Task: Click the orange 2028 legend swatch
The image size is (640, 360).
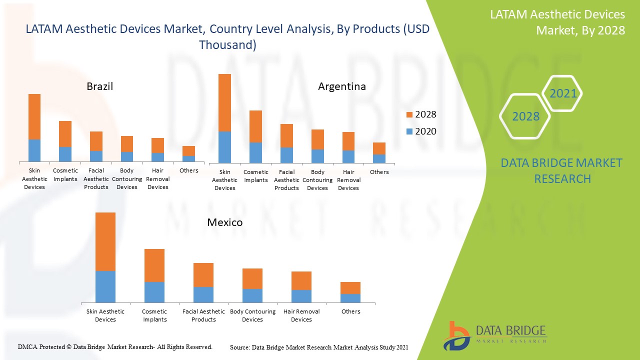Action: [409, 115]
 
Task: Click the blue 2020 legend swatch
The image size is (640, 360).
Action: [409, 131]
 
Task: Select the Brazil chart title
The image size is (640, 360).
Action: [100, 86]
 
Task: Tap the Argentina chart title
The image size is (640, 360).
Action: [342, 86]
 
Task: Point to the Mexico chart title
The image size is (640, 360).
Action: [225, 222]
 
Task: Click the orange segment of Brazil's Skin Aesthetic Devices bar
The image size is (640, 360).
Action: [34, 116]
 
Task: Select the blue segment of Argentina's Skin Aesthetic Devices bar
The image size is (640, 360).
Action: [224, 147]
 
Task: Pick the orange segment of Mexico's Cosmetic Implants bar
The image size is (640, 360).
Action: [154, 265]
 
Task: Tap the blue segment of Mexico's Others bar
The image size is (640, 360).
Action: [350, 298]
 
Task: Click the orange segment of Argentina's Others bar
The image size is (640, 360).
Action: [379, 148]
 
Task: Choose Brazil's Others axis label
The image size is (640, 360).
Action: [188, 170]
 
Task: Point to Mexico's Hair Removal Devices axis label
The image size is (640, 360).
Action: [301, 315]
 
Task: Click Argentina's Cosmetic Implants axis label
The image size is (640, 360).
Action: [256, 176]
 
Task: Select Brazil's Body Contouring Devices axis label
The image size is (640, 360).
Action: [127, 179]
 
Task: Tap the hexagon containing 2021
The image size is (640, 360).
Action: [562, 93]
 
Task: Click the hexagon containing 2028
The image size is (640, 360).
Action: [525, 116]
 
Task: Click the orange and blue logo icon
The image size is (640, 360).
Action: [456, 336]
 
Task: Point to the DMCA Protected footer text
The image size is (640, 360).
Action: [115, 346]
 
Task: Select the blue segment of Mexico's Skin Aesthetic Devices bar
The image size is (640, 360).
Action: [105, 286]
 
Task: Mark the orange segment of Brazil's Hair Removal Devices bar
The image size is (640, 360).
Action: [158, 145]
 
